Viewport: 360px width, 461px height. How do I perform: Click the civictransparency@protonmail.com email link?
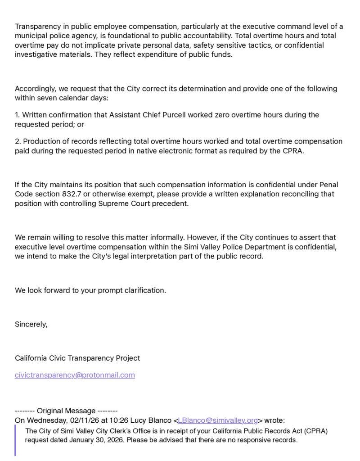pos(75,375)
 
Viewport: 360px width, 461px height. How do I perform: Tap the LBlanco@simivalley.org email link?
pos(218,420)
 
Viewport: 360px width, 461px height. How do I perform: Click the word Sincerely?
pos(31,324)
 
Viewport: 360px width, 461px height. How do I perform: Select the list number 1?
pos(17,115)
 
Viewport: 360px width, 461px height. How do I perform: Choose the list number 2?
pos(17,141)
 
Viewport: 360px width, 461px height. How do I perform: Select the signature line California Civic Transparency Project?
pos(77,358)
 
